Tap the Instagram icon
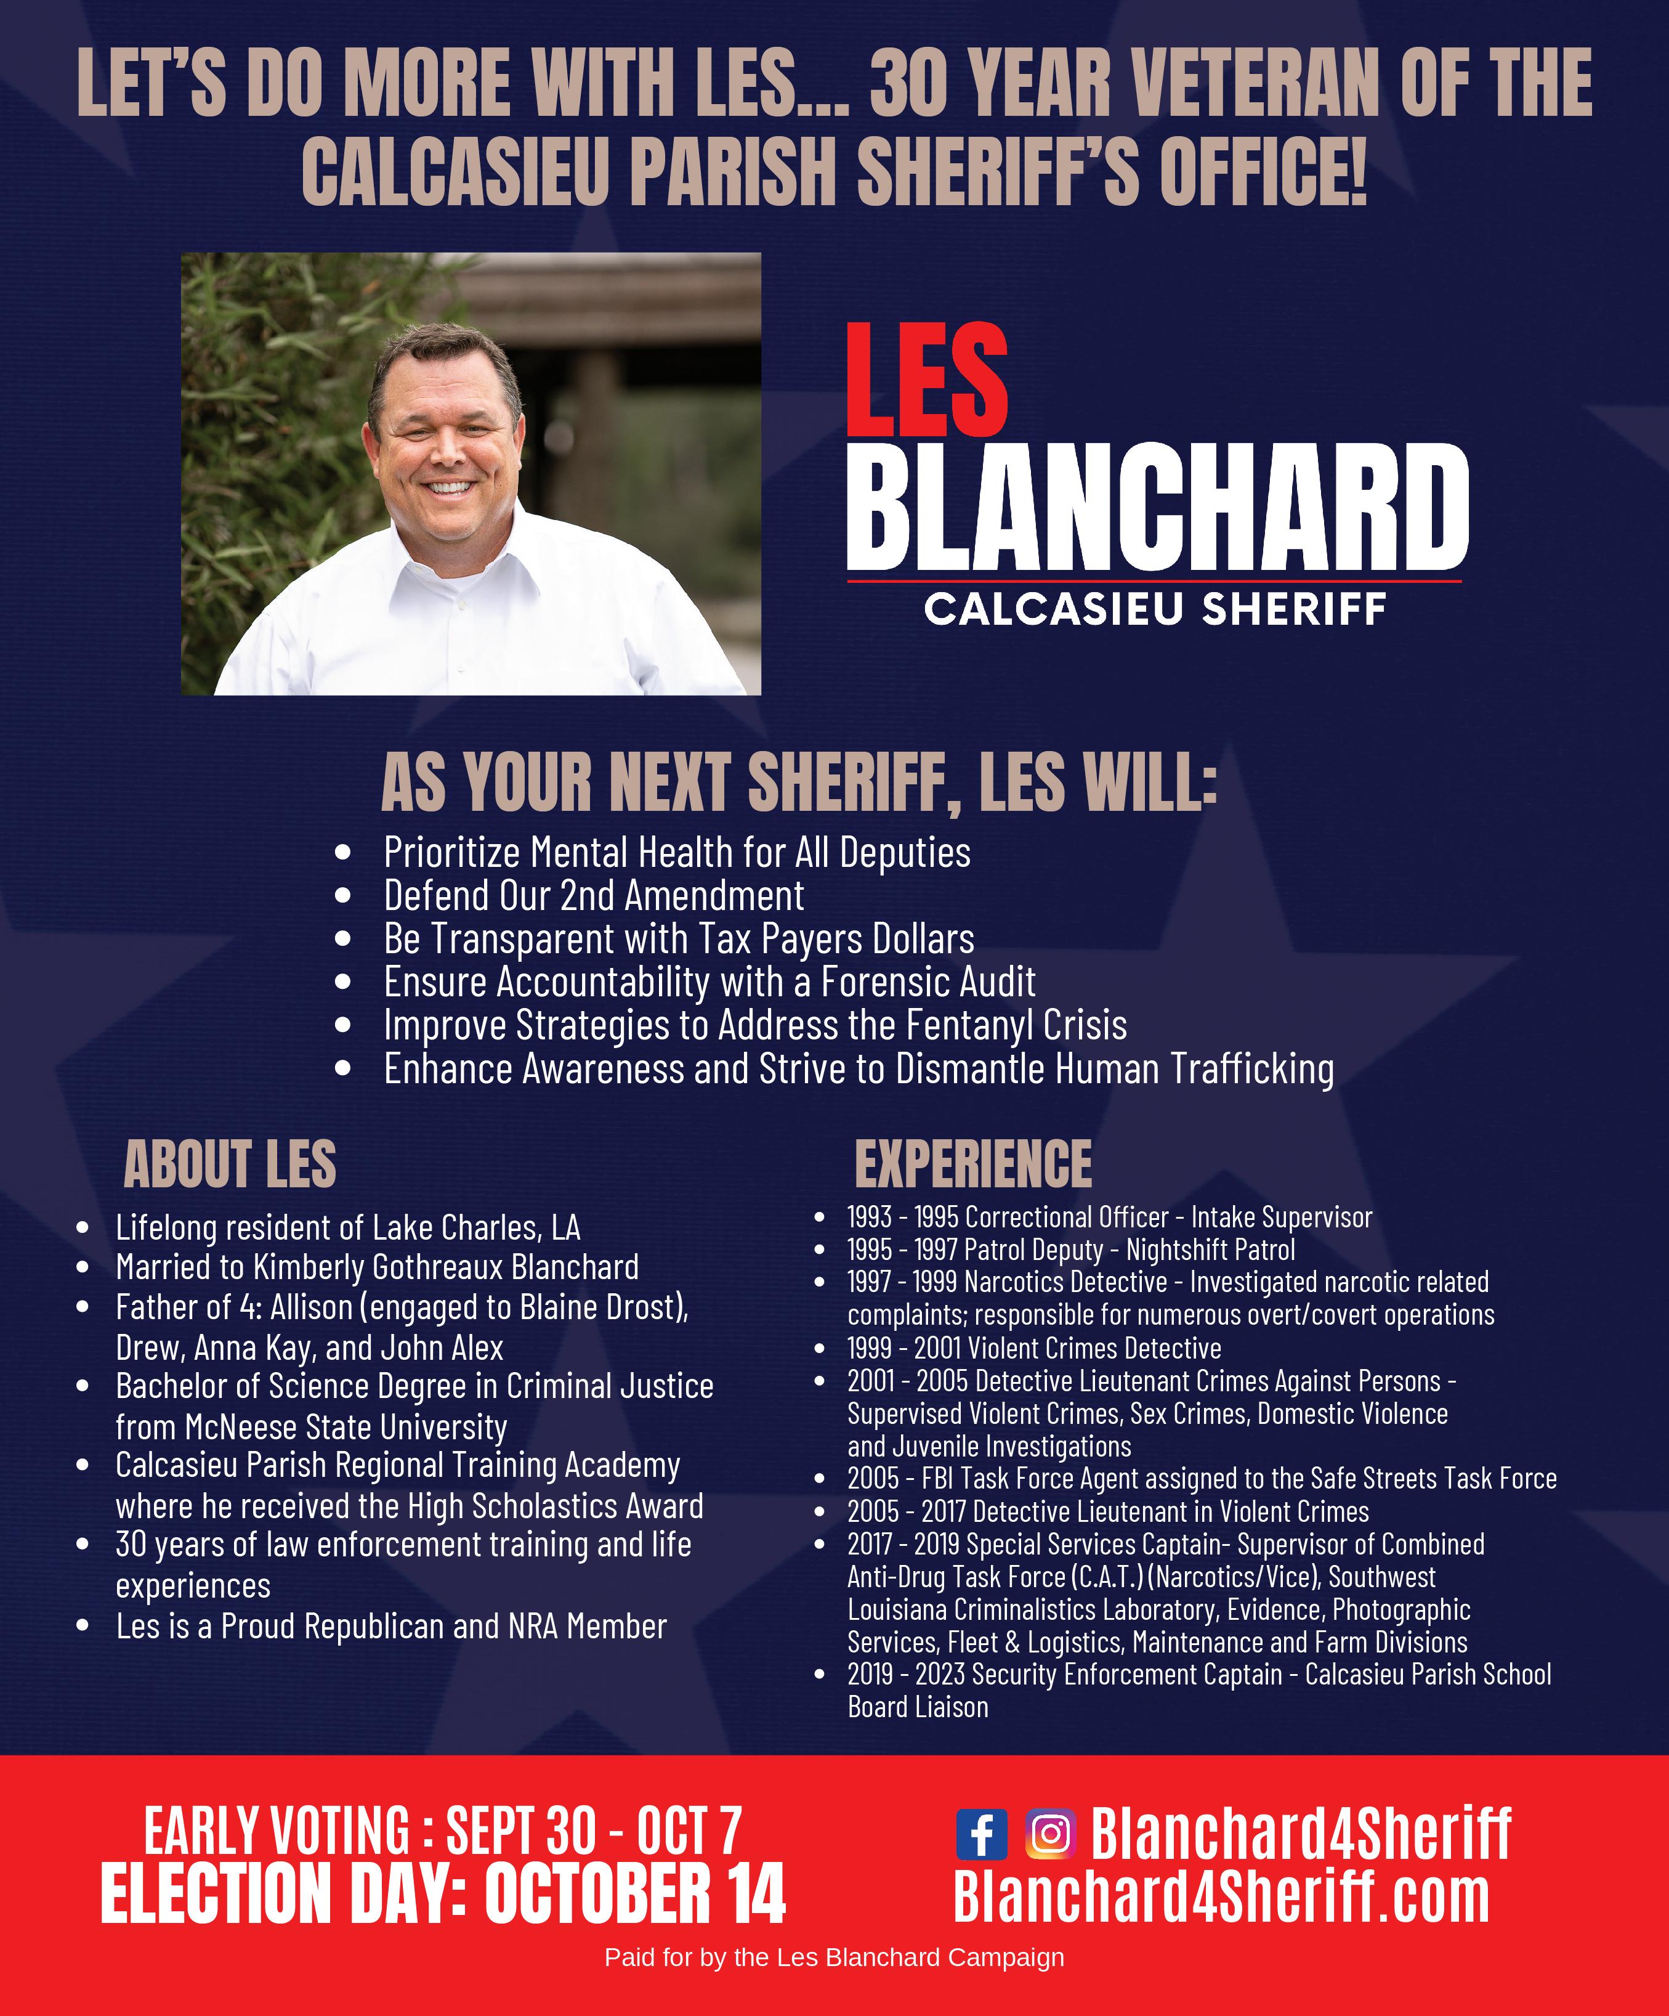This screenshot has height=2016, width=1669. (x=1051, y=1834)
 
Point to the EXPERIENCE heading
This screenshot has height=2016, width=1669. (x=972, y=1164)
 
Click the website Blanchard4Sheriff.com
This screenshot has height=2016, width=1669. (x=1221, y=1896)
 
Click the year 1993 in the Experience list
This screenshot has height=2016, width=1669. (x=868, y=1217)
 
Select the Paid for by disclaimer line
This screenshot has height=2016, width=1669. (x=834, y=1957)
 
